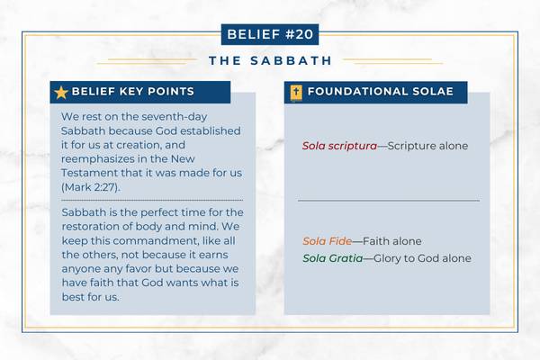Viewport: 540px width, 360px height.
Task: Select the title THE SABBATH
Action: tap(269, 61)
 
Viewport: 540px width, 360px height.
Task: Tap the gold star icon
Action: tap(60, 92)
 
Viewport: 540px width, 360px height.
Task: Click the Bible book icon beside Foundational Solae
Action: tap(294, 92)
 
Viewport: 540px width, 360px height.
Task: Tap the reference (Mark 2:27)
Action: tap(90, 185)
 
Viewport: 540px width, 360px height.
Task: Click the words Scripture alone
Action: tap(428, 145)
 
